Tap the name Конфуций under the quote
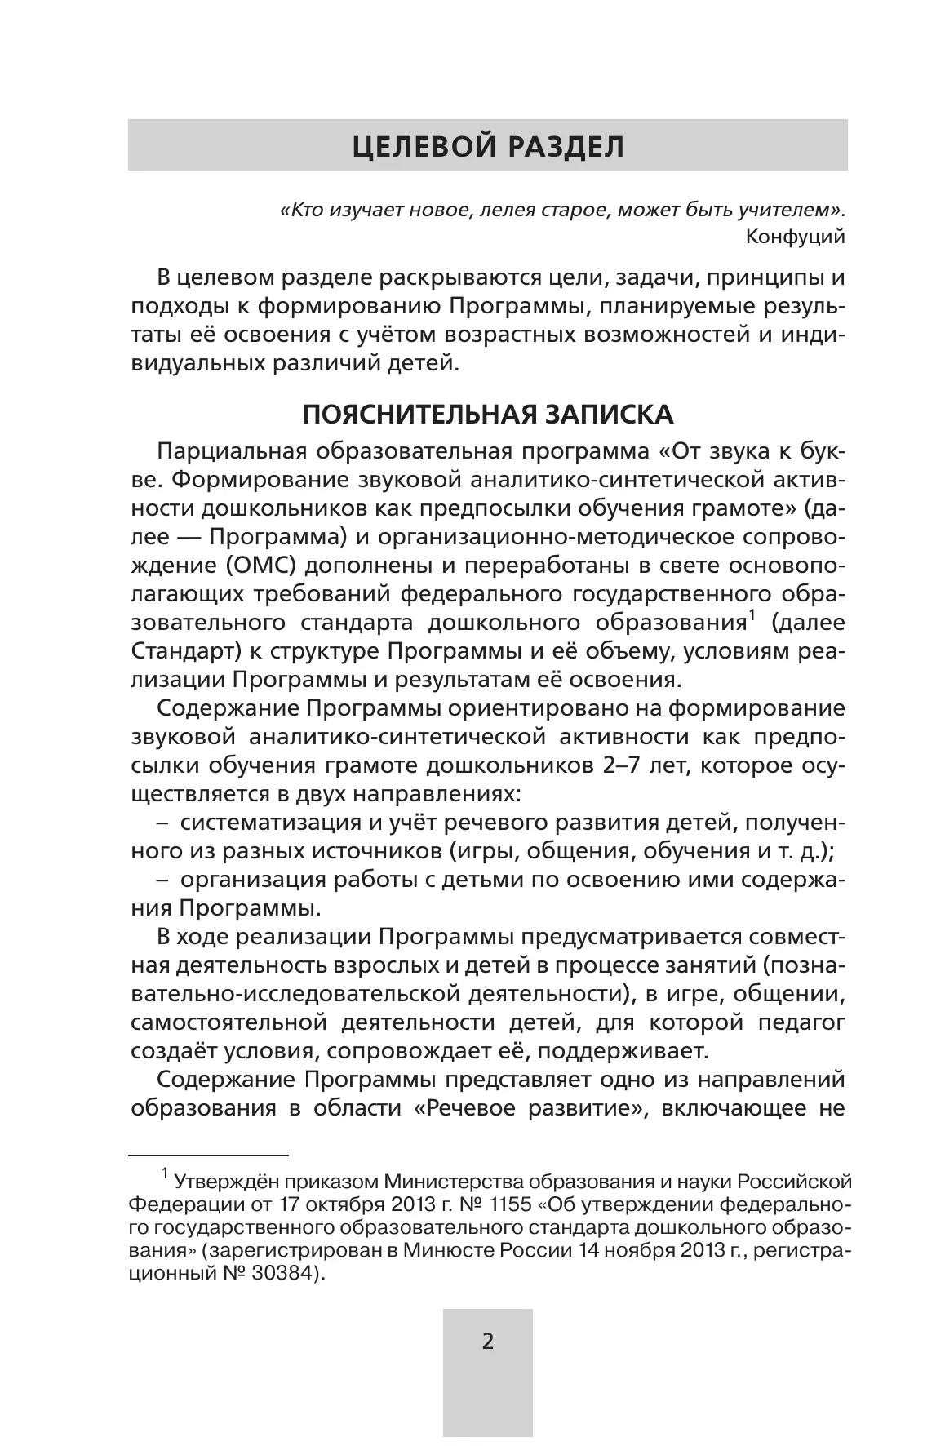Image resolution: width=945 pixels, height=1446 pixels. (x=796, y=237)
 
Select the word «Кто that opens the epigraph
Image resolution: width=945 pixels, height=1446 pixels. (x=304, y=211)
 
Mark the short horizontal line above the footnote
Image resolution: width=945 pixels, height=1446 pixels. (x=209, y=1155)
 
